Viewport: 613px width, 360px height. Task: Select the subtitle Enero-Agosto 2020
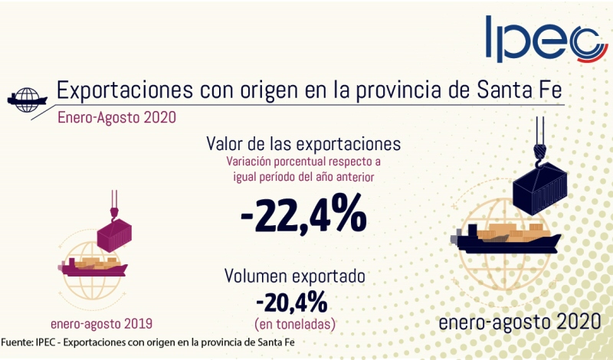[117, 117]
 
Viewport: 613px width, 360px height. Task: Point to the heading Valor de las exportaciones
[304, 143]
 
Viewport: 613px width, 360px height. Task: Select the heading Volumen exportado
[294, 276]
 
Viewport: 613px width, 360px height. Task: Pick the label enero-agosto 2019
[102, 322]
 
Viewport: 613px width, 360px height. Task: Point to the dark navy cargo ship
[506, 237]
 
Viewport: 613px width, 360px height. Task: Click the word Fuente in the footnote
[16, 342]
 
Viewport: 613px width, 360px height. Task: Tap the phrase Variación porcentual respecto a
[304, 162]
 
